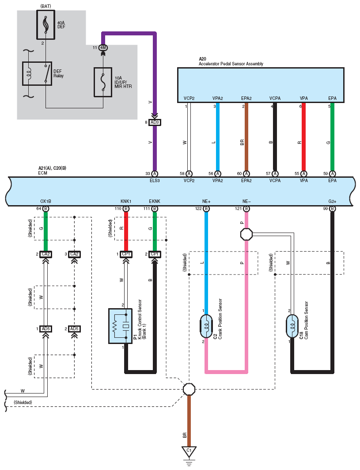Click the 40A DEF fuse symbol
pos(45,25)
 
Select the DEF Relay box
pos(37,73)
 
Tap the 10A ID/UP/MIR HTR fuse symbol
pos(103,82)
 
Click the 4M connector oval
pos(103,48)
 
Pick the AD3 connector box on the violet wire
pos(155,122)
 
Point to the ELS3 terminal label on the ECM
pos(155,180)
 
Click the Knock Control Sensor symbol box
pos(120,326)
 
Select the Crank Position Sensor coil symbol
pos(206,326)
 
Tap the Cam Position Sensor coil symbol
pos(292,326)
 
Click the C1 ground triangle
pos(189,451)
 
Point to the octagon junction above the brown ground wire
pos(189,390)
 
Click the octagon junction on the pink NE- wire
pos(246,234)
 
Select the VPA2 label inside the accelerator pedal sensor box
pos(218,98)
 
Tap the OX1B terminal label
pos(45,201)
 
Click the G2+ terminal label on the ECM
pos(332,201)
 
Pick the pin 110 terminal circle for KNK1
pos(126,209)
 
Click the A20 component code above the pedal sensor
pos(202,59)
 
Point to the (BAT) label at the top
pos(45,6)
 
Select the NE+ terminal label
pos(206,201)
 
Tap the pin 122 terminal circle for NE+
pos(206,209)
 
